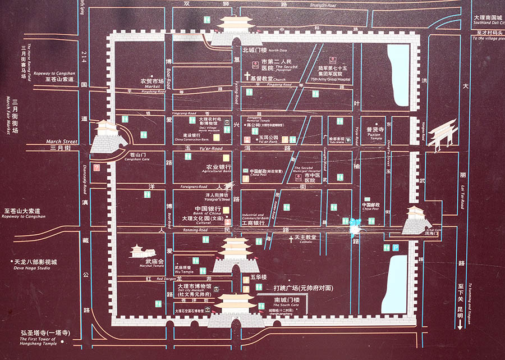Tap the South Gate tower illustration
point(236,310)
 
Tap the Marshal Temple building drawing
point(139,250)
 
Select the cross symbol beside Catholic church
point(291,238)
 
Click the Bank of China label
point(206,211)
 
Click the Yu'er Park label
point(268,138)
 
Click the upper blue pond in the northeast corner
point(398,75)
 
